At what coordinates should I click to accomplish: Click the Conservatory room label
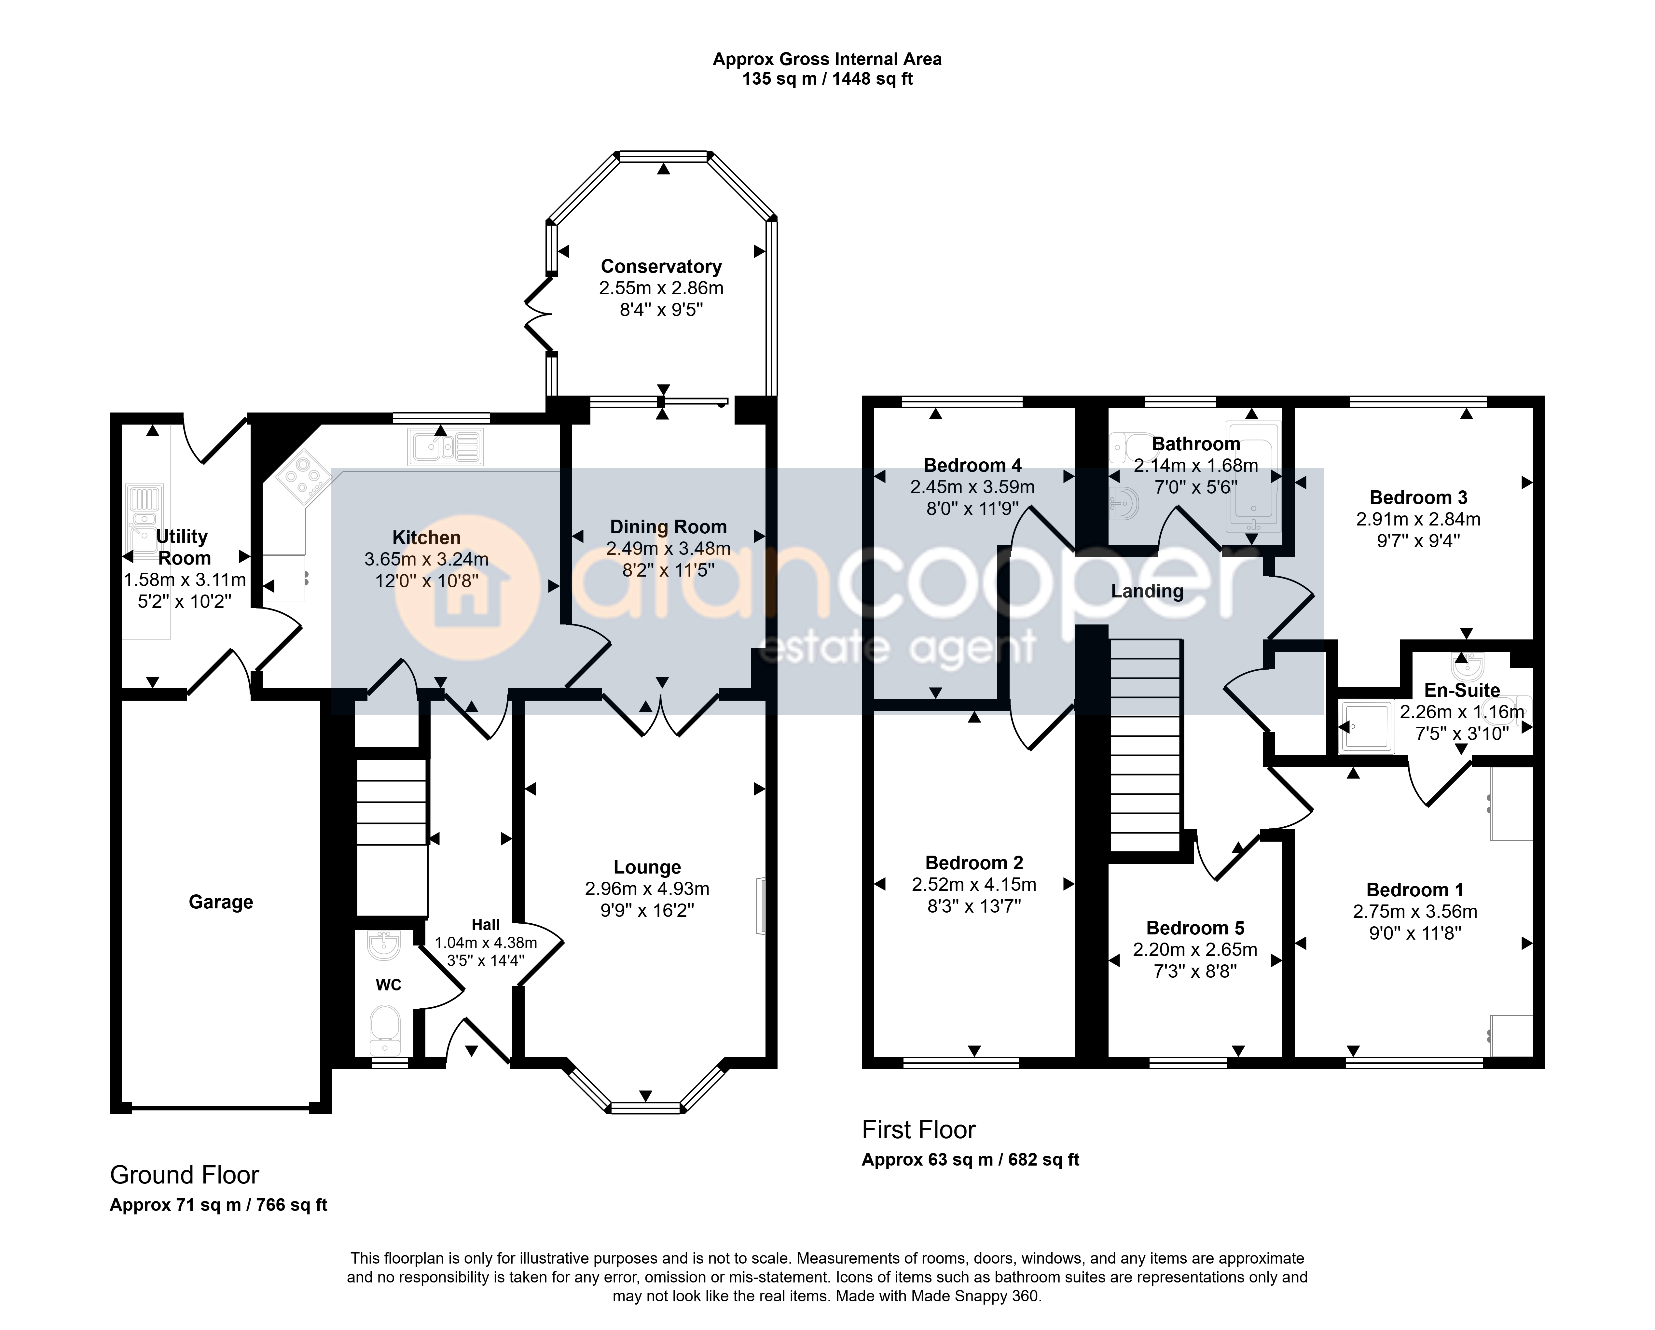point(661,266)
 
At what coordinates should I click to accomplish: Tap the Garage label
point(221,902)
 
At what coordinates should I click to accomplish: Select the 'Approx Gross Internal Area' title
point(827,59)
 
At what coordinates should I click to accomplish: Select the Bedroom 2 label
point(974,863)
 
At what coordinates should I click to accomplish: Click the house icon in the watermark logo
point(466,589)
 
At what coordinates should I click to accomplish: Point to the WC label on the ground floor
point(388,985)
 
